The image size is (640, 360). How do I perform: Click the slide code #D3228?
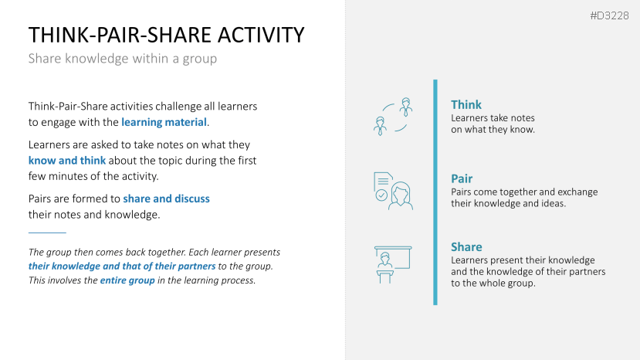tap(609, 16)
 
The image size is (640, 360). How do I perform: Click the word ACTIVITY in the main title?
tap(261, 35)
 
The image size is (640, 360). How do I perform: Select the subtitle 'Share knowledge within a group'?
tap(123, 59)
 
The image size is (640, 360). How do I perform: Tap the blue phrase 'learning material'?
tap(164, 122)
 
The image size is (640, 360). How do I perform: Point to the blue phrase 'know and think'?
tap(67, 161)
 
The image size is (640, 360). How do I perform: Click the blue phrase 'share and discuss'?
tap(167, 199)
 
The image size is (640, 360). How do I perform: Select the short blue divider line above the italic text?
tap(47, 233)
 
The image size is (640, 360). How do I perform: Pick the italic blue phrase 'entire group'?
tap(127, 280)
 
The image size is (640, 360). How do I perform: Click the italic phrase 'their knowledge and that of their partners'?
tap(122, 266)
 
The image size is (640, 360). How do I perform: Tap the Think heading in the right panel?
tap(466, 104)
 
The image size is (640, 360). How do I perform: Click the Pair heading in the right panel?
tap(462, 178)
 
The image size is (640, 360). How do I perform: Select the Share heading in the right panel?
tap(466, 246)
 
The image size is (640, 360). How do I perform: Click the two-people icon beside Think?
tap(393, 117)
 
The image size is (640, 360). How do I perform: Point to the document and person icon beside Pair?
tap(393, 191)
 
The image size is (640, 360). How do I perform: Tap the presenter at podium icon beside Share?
tap(393, 264)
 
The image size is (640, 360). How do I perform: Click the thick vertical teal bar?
tap(435, 192)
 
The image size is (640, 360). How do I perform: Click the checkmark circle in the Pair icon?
tap(381, 195)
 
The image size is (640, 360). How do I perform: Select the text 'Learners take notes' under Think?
tap(493, 118)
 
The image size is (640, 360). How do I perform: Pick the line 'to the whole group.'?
tap(493, 284)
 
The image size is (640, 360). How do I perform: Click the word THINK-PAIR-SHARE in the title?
tap(120, 35)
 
